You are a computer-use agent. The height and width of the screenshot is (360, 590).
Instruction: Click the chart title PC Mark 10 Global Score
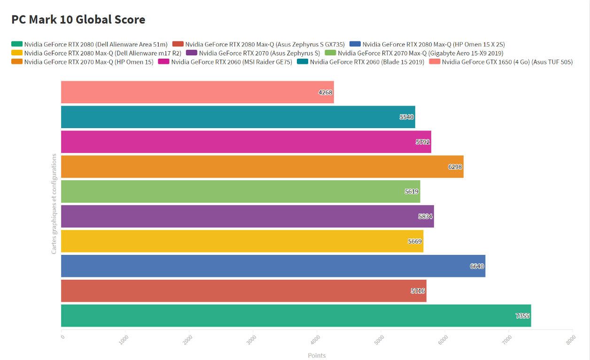(x=78, y=20)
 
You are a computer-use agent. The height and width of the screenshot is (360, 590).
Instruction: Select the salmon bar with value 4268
(x=197, y=92)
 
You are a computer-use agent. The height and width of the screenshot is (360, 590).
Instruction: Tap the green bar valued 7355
(x=296, y=315)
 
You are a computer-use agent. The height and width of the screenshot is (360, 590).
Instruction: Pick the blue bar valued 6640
(x=273, y=266)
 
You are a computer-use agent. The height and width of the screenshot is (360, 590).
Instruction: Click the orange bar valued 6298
(x=262, y=167)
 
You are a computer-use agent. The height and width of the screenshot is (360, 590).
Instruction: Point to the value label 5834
(x=426, y=216)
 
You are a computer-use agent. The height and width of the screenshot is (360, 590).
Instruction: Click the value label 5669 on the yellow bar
(x=415, y=241)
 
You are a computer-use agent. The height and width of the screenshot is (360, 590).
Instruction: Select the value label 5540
(x=407, y=117)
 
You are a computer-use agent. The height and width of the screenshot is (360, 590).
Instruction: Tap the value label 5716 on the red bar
(x=418, y=291)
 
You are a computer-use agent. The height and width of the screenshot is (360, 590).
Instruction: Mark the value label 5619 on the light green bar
(x=412, y=191)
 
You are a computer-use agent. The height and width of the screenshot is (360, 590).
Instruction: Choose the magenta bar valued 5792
(x=246, y=142)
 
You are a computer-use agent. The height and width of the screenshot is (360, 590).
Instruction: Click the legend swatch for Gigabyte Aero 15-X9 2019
(x=331, y=53)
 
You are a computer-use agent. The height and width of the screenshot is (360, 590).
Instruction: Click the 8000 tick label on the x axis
(x=570, y=339)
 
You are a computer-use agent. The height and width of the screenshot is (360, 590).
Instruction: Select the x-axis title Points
(x=317, y=355)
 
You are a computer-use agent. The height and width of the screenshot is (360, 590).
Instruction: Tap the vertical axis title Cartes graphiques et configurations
(x=54, y=204)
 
